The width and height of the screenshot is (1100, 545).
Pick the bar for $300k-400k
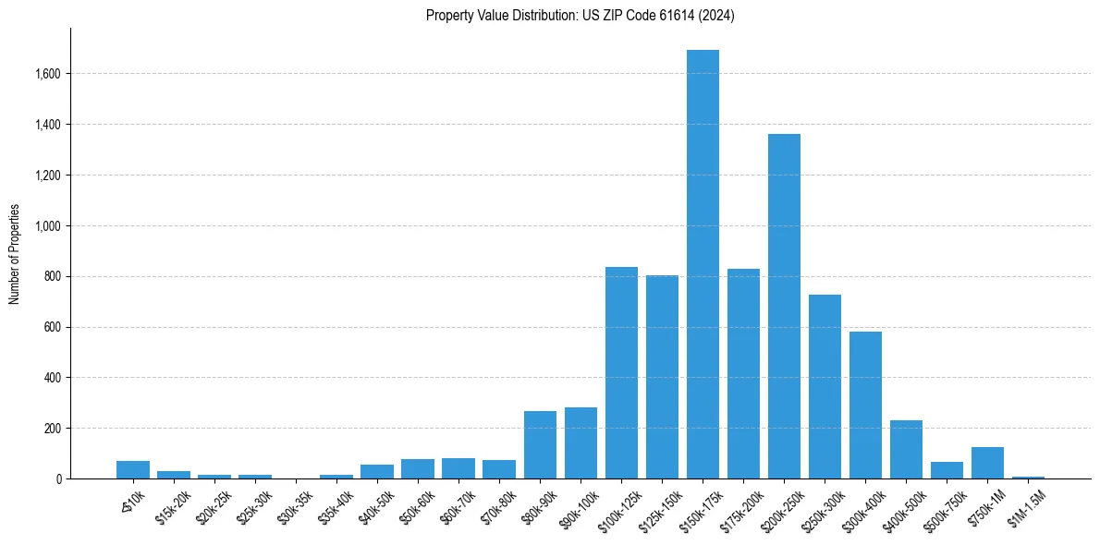tap(865, 406)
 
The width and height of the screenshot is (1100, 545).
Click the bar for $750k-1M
tap(987, 463)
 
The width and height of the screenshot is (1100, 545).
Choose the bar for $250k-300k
tap(825, 387)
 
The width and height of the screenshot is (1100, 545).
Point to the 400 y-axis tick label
tap(53, 378)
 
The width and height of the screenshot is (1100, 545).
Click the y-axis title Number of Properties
tap(14, 254)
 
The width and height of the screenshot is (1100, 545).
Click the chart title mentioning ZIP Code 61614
tap(581, 15)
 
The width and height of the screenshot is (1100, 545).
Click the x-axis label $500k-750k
tap(944, 508)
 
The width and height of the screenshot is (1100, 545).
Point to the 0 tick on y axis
tap(57, 479)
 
